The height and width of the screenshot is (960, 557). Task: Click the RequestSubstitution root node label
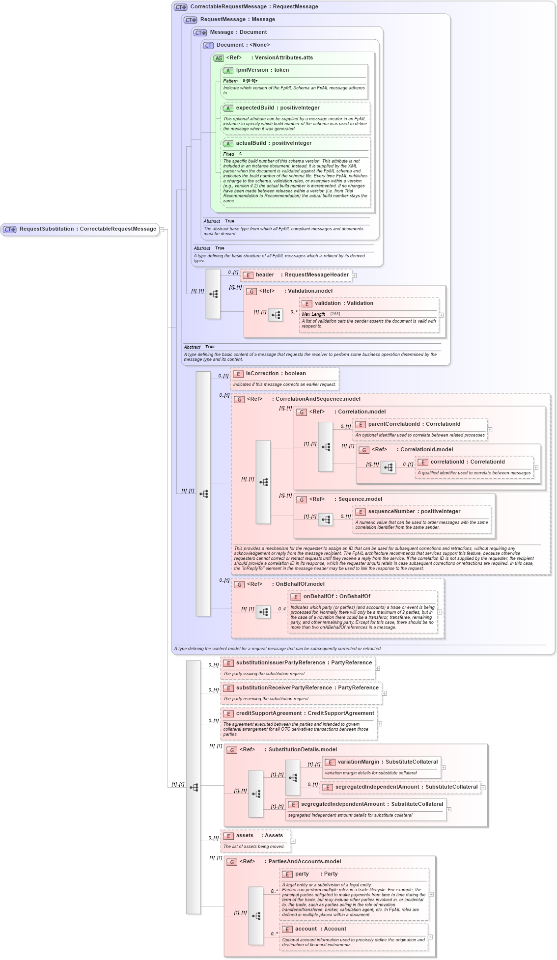click(87, 229)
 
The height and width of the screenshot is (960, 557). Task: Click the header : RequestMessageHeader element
click(302, 275)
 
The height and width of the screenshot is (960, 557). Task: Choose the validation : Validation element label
click(344, 303)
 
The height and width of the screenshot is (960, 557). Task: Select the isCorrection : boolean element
click(276, 374)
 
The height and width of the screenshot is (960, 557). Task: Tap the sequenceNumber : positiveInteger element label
click(414, 512)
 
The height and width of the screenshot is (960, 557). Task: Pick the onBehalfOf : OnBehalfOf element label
click(336, 597)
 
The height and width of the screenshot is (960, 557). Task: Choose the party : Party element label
click(316, 874)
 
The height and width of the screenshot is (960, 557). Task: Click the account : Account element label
click(320, 929)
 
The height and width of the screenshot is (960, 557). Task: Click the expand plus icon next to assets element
click(293, 841)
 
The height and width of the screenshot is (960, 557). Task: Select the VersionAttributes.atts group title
click(283, 58)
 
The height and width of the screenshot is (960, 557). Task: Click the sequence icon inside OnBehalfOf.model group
click(263, 612)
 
